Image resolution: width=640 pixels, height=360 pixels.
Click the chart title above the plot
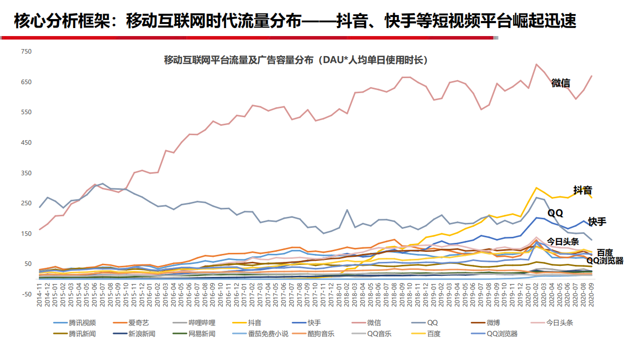(x=296, y=61)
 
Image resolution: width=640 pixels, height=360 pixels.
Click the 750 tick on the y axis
(x=26, y=52)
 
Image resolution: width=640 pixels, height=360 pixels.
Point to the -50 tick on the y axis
(x=26, y=294)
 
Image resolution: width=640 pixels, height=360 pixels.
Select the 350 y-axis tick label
(x=26, y=173)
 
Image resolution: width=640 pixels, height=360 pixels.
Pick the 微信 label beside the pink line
(x=560, y=83)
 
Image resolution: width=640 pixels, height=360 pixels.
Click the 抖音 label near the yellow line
(x=582, y=190)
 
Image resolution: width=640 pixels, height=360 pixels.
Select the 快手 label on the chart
(x=597, y=221)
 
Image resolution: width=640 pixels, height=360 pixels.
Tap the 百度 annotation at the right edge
(x=605, y=253)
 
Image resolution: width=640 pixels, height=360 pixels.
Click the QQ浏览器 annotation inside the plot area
(x=604, y=260)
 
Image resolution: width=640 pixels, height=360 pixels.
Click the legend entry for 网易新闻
(x=201, y=334)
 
